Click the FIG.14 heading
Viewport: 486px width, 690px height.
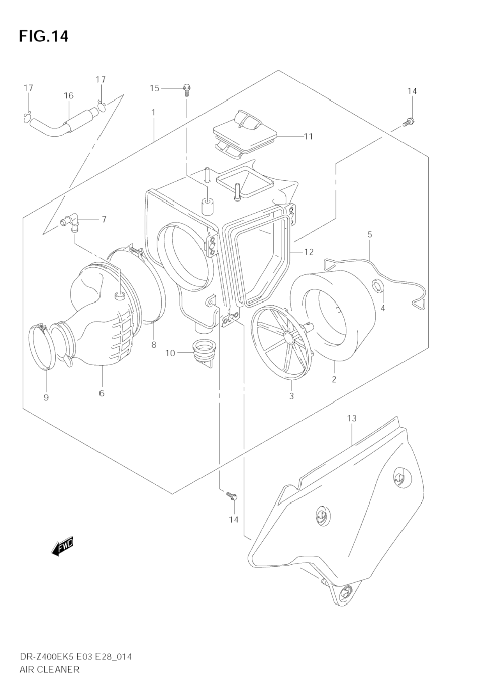pos(44,36)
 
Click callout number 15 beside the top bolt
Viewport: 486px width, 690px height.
pos(155,88)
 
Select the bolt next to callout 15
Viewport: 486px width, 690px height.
pos(187,90)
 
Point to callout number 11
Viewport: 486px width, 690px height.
pos(308,136)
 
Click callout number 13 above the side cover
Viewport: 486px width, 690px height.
pos(352,418)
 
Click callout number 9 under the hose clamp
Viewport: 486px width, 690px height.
pos(46,397)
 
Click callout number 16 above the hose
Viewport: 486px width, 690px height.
pos(69,96)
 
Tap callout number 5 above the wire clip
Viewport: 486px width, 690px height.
pos(369,235)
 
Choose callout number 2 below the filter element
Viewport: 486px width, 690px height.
pos(334,379)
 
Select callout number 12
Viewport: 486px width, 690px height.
pos(309,252)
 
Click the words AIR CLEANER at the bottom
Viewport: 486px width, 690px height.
pos(49,669)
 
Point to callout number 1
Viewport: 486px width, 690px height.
pos(154,112)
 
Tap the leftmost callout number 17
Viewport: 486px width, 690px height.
pos(28,88)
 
